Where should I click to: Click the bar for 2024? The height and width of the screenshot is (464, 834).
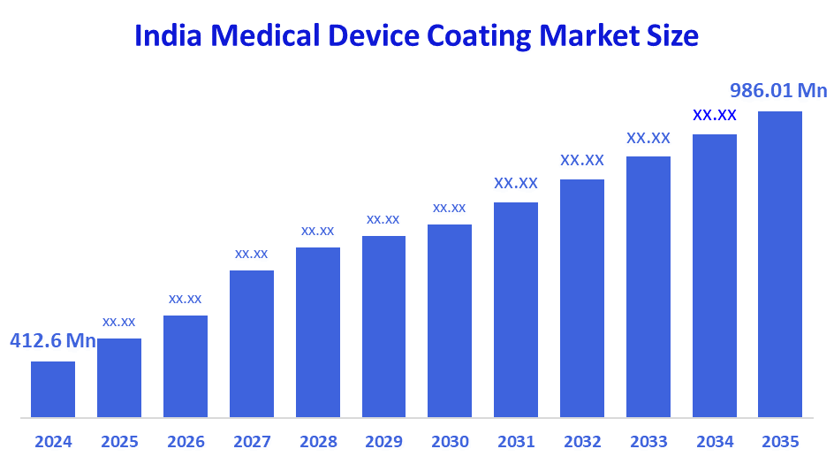click(x=53, y=389)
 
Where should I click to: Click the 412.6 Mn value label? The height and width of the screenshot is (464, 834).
click(x=53, y=341)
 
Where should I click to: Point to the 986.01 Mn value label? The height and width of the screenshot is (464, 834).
click(x=777, y=91)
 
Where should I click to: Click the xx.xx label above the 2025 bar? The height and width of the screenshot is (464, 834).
click(x=119, y=322)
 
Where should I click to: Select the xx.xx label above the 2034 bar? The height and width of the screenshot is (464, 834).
click(x=715, y=115)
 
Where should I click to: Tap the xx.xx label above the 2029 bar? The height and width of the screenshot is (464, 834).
click(x=383, y=219)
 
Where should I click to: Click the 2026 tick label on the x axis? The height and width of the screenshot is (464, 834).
click(x=186, y=441)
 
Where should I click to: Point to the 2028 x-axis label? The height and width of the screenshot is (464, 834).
click(x=317, y=441)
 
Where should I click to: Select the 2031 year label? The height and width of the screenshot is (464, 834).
click(x=516, y=441)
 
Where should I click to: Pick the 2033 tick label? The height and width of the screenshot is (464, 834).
click(x=648, y=441)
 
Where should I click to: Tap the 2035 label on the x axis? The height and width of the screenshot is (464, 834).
click(x=780, y=441)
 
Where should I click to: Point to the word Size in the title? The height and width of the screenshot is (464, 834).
click(x=672, y=36)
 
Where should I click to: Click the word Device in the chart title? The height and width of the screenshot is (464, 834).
click(x=372, y=36)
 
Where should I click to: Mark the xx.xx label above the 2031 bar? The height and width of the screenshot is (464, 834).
click(x=516, y=184)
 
